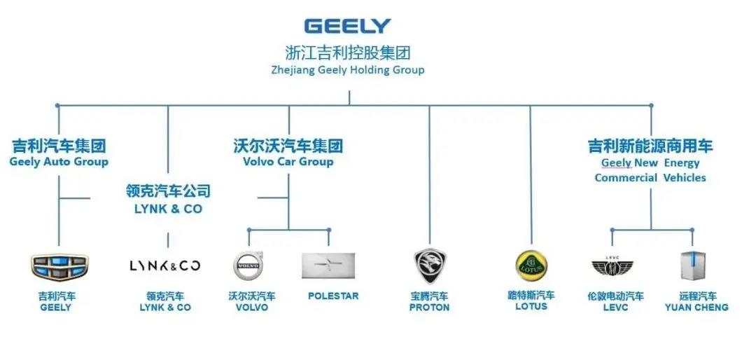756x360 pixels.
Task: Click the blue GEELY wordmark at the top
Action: [x=347, y=26]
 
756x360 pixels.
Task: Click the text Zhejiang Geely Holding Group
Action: [x=348, y=70]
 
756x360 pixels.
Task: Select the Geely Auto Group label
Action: [x=59, y=162]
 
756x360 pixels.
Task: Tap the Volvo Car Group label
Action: [x=288, y=161]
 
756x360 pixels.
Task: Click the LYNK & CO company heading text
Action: [x=168, y=209]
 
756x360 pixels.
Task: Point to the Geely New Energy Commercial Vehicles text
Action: [x=650, y=170]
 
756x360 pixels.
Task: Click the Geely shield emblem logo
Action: [x=59, y=266]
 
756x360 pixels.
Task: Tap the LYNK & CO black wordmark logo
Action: [x=165, y=265]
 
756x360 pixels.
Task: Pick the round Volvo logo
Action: [x=248, y=266]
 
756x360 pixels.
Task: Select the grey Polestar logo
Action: [x=328, y=265]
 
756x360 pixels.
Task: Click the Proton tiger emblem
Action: [x=430, y=266]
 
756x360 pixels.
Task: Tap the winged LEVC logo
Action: [x=612, y=267]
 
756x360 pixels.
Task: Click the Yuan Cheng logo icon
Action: [x=693, y=266]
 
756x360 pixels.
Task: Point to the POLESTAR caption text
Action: [x=333, y=296]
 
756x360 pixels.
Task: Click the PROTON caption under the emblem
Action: [x=429, y=307]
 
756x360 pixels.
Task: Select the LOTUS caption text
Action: [x=531, y=306]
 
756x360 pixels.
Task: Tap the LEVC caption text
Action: [x=616, y=307]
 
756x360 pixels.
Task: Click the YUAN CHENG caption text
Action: [x=696, y=307]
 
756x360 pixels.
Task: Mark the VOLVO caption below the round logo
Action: [x=252, y=307]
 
